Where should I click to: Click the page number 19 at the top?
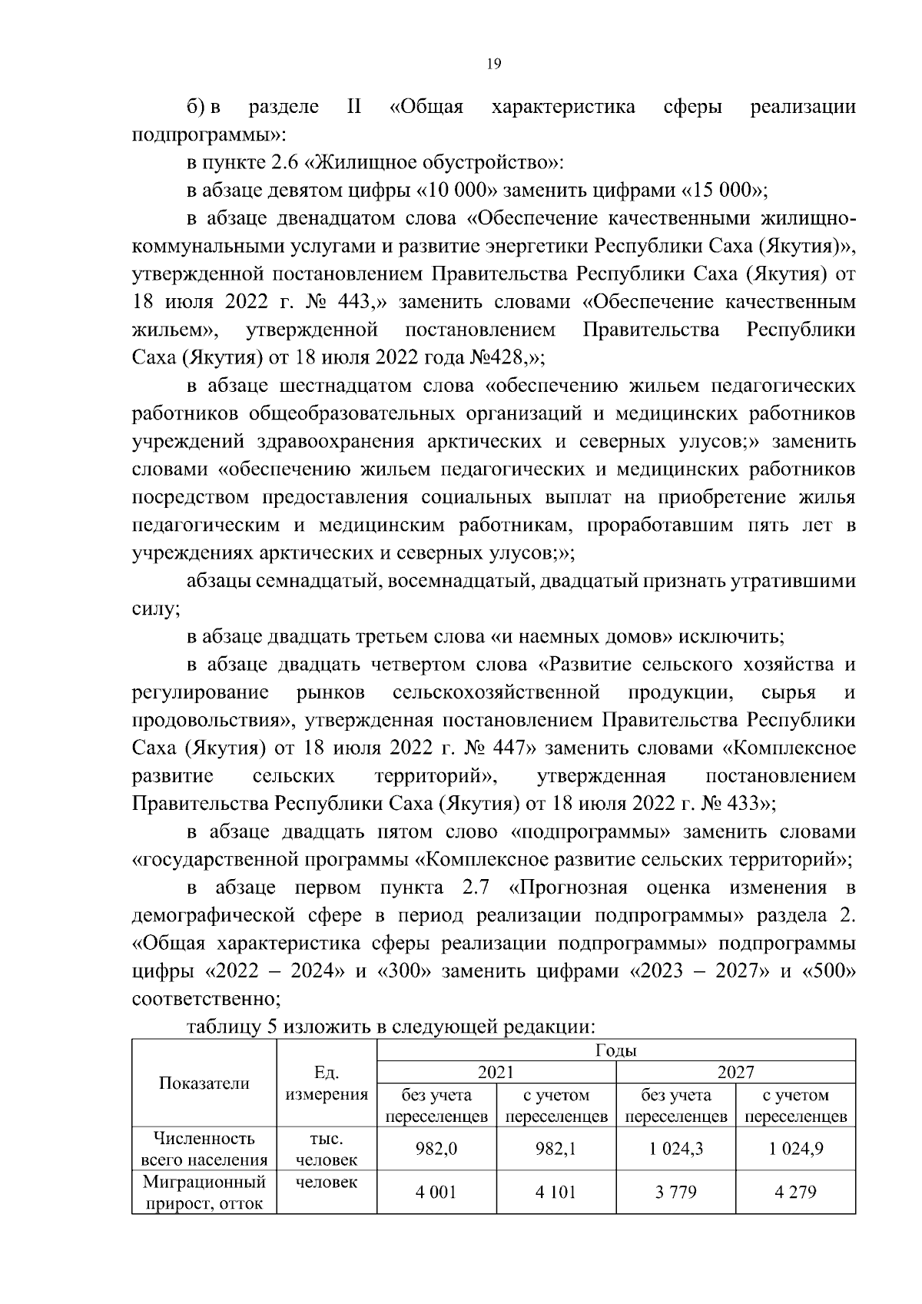tap(494, 65)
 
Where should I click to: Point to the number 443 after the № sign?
tap(353, 302)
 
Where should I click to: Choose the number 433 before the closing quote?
tap(745, 804)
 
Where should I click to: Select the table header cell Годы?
tap(615, 1050)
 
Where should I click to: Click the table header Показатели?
tap(204, 1083)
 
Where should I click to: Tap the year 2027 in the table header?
tap(735, 1072)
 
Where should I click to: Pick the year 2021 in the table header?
tap(496, 1072)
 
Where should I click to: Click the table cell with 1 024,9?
tap(795, 1149)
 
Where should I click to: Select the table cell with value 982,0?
tap(436, 1149)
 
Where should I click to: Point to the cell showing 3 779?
tap(675, 1193)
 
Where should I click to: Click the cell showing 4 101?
tap(556, 1193)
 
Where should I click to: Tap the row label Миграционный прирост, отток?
tap(204, 1193)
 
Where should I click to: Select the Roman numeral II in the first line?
tap(354, 107)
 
